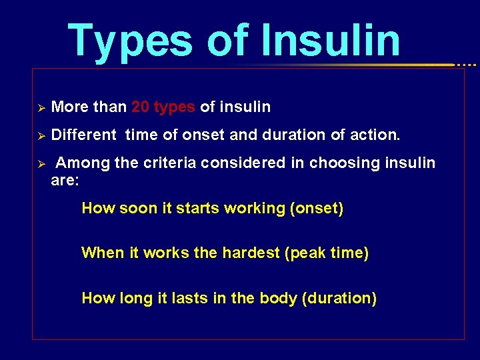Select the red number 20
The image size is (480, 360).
point(140,107)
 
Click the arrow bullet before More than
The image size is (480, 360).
point(40,107)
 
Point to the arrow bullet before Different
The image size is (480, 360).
point(40,135)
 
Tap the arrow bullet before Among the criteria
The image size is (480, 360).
point(40,163)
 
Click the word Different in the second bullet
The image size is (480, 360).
point(83,135)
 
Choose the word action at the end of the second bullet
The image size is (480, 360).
point(375,135)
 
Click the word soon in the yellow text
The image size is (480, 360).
point(138,208)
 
